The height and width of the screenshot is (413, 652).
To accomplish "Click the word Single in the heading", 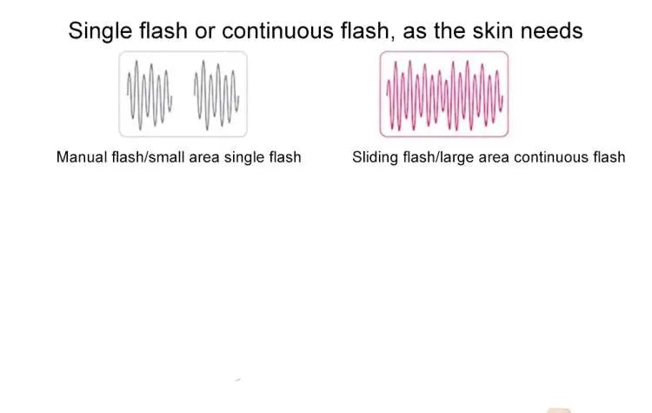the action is click(x=100, y=31).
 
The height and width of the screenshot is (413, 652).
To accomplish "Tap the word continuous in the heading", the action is click(x=277, y=30).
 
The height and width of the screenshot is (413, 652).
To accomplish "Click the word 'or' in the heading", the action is click(x=205, y=32).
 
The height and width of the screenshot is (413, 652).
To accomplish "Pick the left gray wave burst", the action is click(x=150, y=96).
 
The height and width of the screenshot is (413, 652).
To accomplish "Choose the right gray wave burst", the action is click(x=216, y=96).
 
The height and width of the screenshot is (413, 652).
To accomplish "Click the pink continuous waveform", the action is click(x=444, y=96).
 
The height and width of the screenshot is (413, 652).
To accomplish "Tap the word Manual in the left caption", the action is click(x=82, y=157).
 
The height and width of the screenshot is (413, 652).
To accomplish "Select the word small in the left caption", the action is click(x=167, y=157).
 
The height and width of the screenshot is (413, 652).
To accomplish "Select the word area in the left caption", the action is click(x=204, y=158).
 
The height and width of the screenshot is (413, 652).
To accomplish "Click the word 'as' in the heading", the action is click(x=415, y=32).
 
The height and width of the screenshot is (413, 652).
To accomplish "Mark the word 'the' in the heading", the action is click(x=449, y=30).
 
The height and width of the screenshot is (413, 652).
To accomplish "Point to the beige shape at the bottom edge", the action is click(x=559, y=410).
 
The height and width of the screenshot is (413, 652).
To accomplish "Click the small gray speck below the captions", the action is click(x=238, y=380).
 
